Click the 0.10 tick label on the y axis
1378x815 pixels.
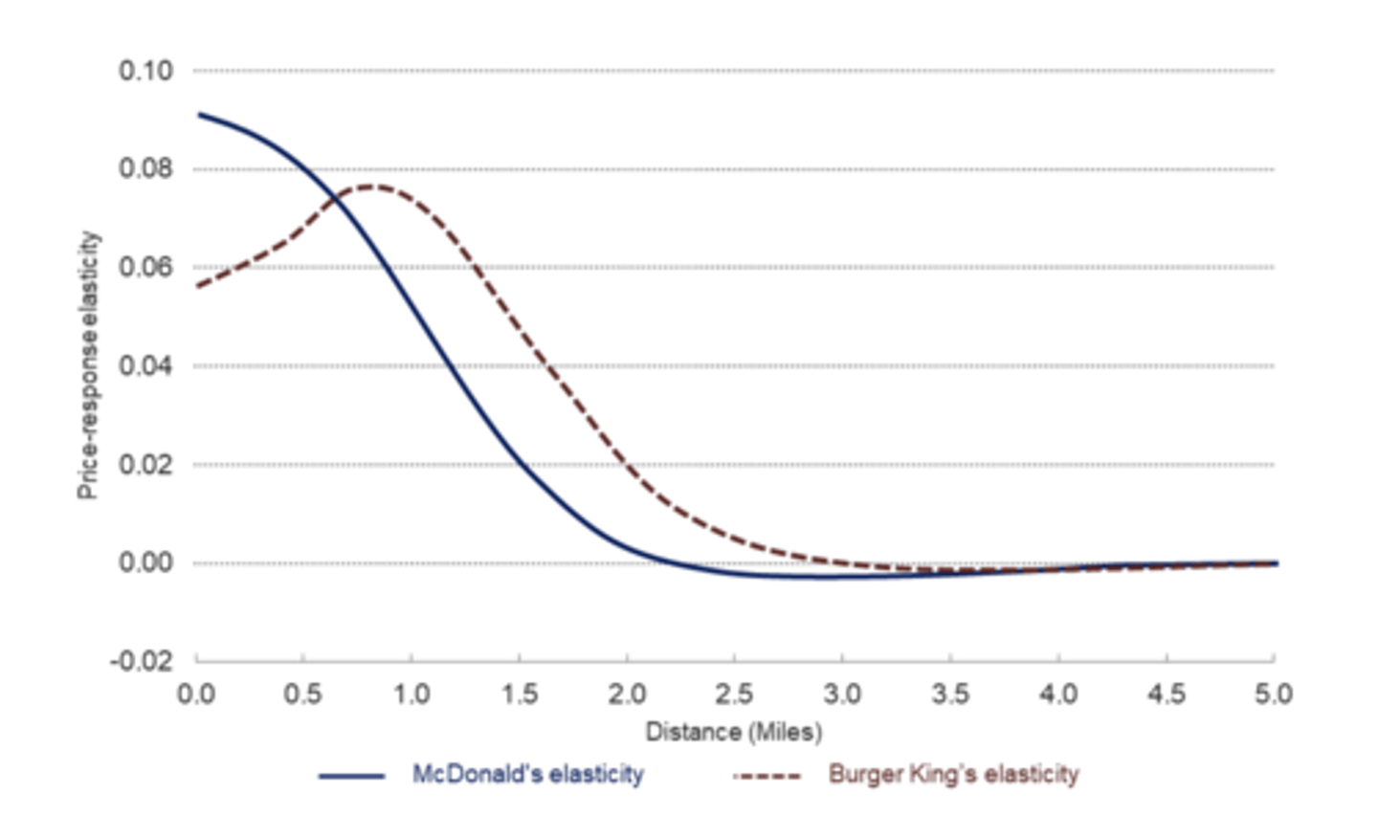click(145, 71)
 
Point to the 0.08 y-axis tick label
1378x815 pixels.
click(145, 169)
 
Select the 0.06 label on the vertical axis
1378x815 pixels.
click(145, 267)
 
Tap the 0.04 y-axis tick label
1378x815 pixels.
click(145, 366)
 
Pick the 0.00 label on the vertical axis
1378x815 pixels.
click(145, 562)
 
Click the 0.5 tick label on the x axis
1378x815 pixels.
click(302, 694)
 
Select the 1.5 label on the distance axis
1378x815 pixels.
click(519, 694)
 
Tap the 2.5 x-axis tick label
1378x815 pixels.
click(734, 694)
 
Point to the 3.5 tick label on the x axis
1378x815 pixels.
click(950, 694)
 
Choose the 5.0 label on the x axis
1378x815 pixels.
click(1273, 694)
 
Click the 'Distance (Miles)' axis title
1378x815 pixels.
click(733, 733)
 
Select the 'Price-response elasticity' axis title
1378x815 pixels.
click(88, 364)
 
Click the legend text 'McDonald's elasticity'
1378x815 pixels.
click(527, 774)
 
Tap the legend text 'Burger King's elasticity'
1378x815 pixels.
click(953, 774)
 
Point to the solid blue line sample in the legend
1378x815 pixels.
click(351, 776)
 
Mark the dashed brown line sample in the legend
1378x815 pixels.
click(767, 776)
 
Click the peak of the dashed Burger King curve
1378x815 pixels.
click(371, 186)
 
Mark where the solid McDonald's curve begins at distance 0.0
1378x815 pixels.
click(197, 115)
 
